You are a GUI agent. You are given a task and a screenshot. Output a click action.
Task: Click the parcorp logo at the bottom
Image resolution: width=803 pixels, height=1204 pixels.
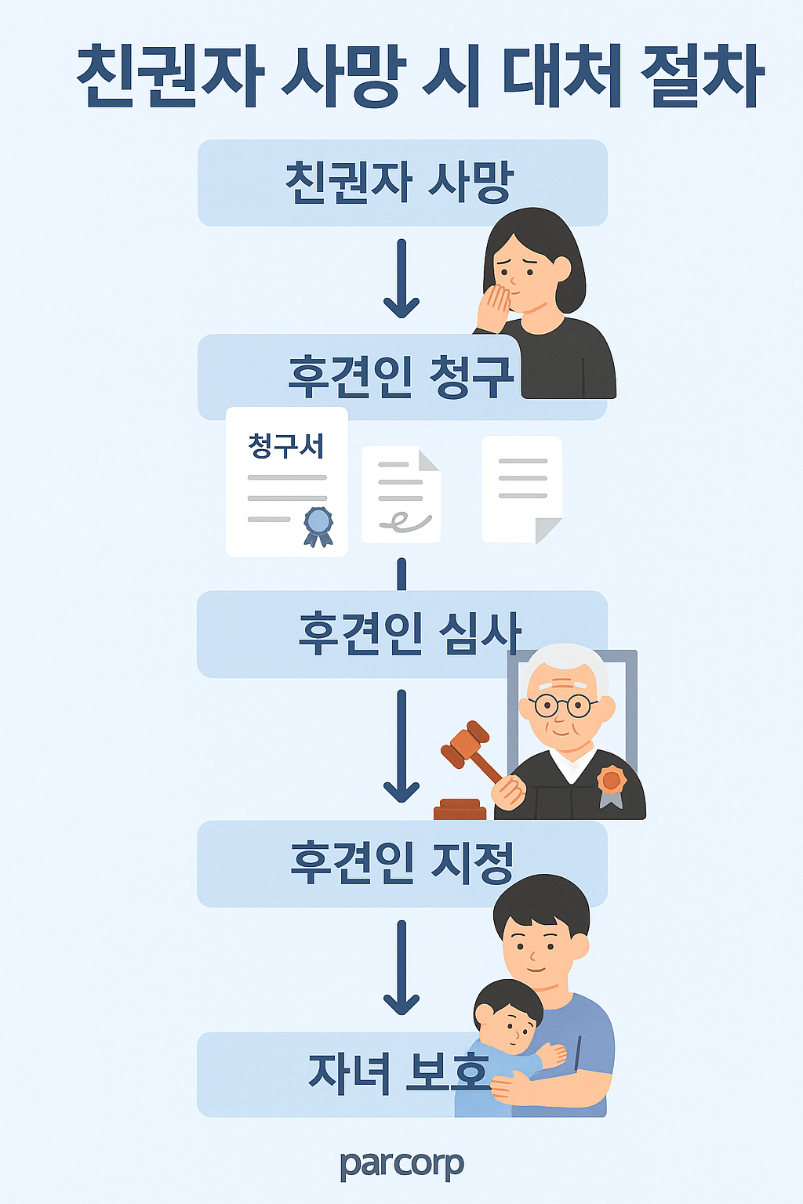pyautogui.click(x=401, y=1165)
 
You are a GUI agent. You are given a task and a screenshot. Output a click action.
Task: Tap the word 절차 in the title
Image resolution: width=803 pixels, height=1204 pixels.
pyautogui.click(x=702, y=76)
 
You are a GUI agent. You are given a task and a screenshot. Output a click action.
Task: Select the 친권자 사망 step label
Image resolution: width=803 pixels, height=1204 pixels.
pyautogui.click(x=398, y=182)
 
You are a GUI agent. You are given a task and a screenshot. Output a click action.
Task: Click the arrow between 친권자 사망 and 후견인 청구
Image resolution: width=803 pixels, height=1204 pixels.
pyautogui.click(x=401, y=279)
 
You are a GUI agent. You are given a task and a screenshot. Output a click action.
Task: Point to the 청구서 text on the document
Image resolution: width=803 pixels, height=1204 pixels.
pyautogui.click(x=286, y=446)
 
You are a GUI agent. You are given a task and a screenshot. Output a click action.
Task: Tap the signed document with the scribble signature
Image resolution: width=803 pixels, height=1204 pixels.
pyautogui.click(x=401, y=494)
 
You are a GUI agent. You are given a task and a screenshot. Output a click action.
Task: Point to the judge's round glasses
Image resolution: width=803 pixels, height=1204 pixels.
pyautogui.click(x=562, y=705)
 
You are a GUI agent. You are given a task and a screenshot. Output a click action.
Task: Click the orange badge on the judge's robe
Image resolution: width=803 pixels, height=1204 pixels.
pyautogui.click(x=611, y=781)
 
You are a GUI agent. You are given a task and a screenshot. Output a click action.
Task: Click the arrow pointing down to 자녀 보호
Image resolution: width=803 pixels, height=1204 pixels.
pyautogui.click(x=401, y=969)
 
